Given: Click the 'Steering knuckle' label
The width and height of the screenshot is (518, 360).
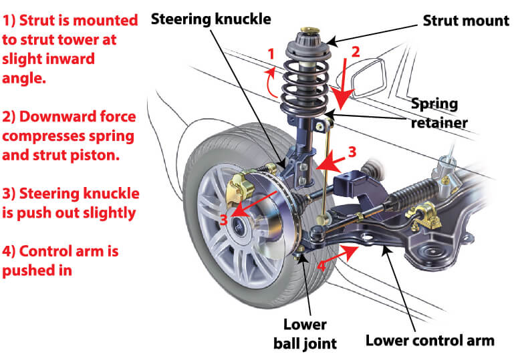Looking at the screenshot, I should coord(211,18).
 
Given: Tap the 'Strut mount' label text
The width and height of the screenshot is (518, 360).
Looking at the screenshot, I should coord(466,21).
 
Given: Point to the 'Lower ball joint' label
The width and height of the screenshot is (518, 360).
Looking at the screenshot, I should coord(304,333).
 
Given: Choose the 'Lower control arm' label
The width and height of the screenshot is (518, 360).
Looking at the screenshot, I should coord(430,341).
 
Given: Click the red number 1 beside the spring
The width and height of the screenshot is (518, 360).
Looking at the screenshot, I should coord(271,53).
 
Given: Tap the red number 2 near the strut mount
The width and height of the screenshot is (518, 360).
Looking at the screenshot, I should coord(356,51).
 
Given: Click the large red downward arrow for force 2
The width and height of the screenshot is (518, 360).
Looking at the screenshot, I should coord(343,83).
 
